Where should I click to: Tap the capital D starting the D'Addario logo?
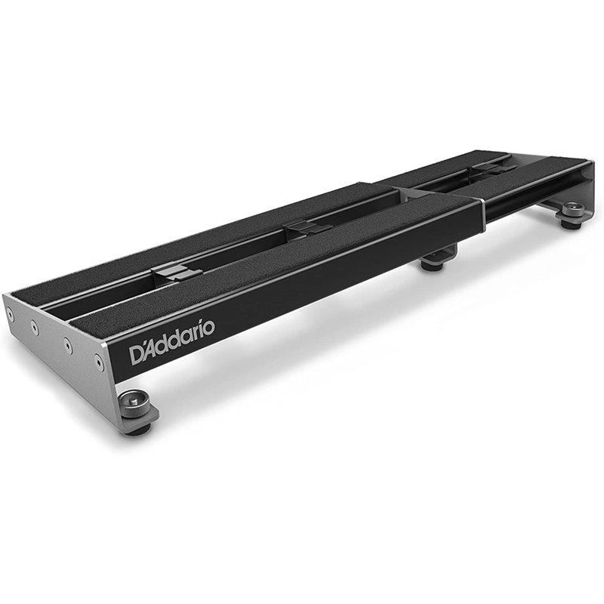tap(137, 355)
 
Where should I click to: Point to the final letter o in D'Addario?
tap(209, 328)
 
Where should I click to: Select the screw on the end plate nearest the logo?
tap(99, 362)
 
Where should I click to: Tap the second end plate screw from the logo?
tap(68, 346)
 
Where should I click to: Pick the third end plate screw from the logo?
tap(35, 328)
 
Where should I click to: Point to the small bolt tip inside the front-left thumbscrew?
tap(134, 401)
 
